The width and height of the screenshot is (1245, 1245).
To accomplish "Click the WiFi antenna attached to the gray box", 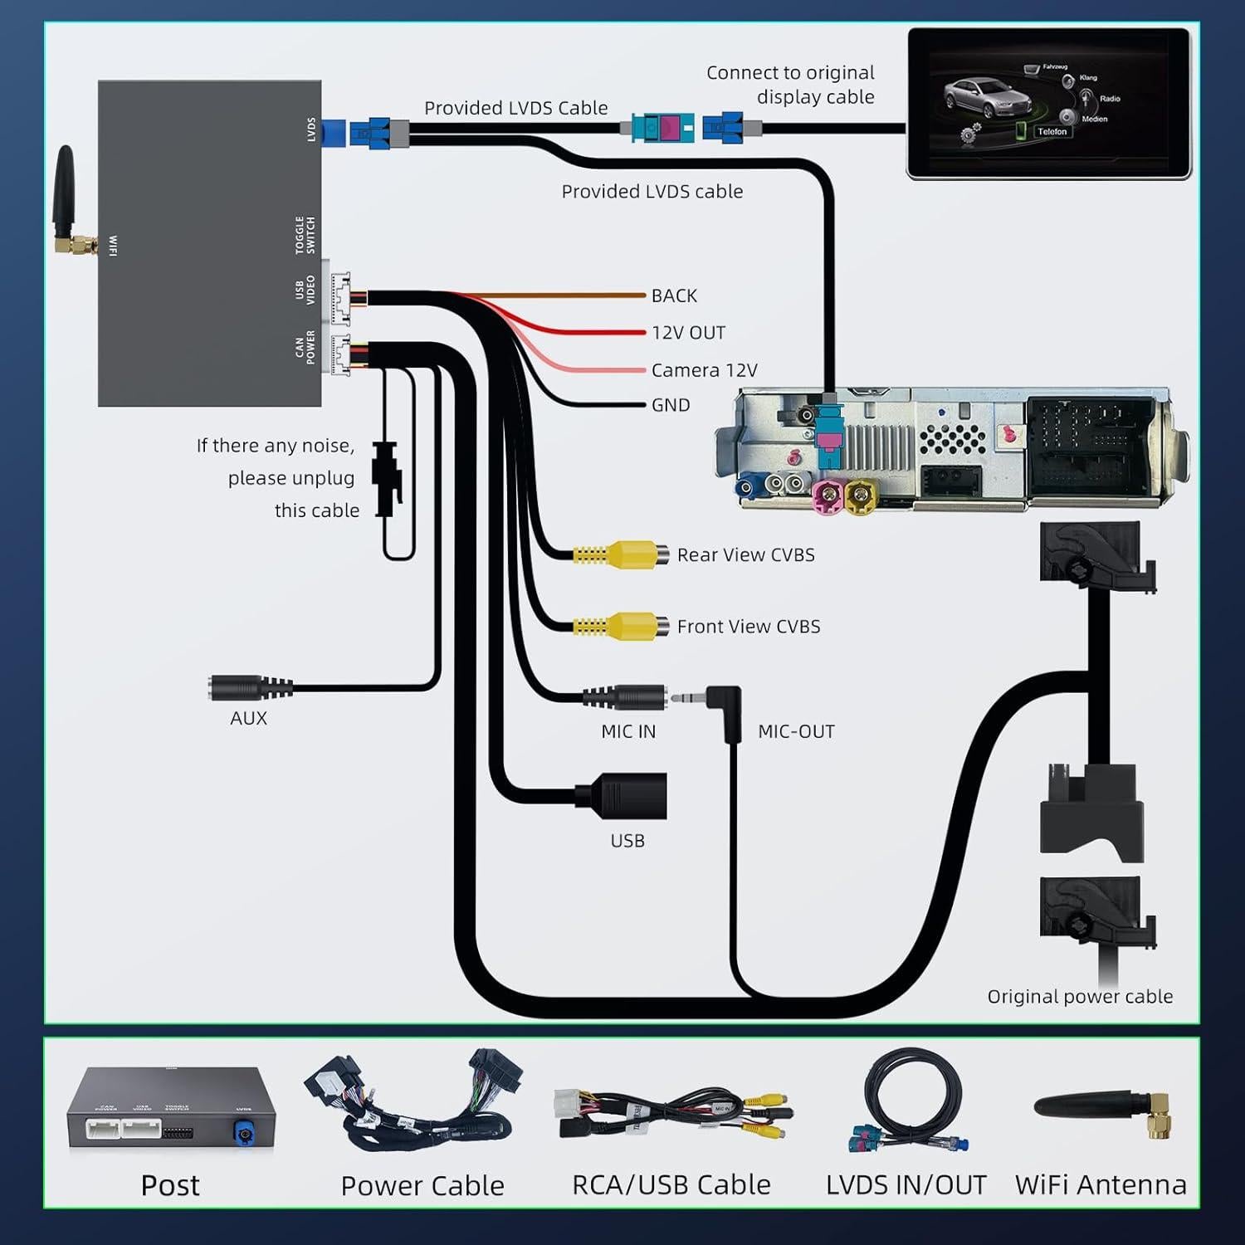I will point(66,203).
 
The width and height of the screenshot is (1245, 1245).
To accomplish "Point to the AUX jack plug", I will point(249,688).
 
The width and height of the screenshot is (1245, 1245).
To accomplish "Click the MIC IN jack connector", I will point(627,697).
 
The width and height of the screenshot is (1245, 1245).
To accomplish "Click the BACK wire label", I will point(674,296).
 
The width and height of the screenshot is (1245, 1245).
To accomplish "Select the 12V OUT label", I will point(688,333).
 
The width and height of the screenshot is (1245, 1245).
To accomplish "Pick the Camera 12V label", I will point(704,370).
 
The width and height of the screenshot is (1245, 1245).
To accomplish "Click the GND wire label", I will point(671,405).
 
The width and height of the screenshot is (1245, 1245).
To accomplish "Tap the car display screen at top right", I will point(1048,103).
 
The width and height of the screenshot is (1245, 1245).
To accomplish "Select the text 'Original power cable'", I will point(1080,997).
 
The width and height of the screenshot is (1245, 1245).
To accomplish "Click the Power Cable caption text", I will point(422,1185).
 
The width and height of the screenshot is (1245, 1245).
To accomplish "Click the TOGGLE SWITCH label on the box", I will point(305,235).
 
